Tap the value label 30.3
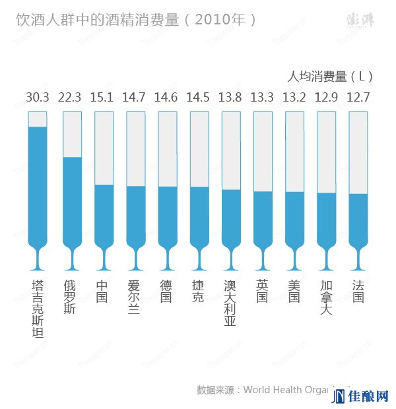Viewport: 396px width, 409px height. coord(38,98)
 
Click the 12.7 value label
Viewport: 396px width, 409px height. coord(358,98)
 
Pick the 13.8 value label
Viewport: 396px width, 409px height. coord(230,98)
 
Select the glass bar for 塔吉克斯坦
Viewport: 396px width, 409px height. coord(38,185)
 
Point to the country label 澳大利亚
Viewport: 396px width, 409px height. coord(230,303)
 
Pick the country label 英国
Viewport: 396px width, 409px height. coord(262,291)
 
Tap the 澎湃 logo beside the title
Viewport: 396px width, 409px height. coord(358,20)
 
